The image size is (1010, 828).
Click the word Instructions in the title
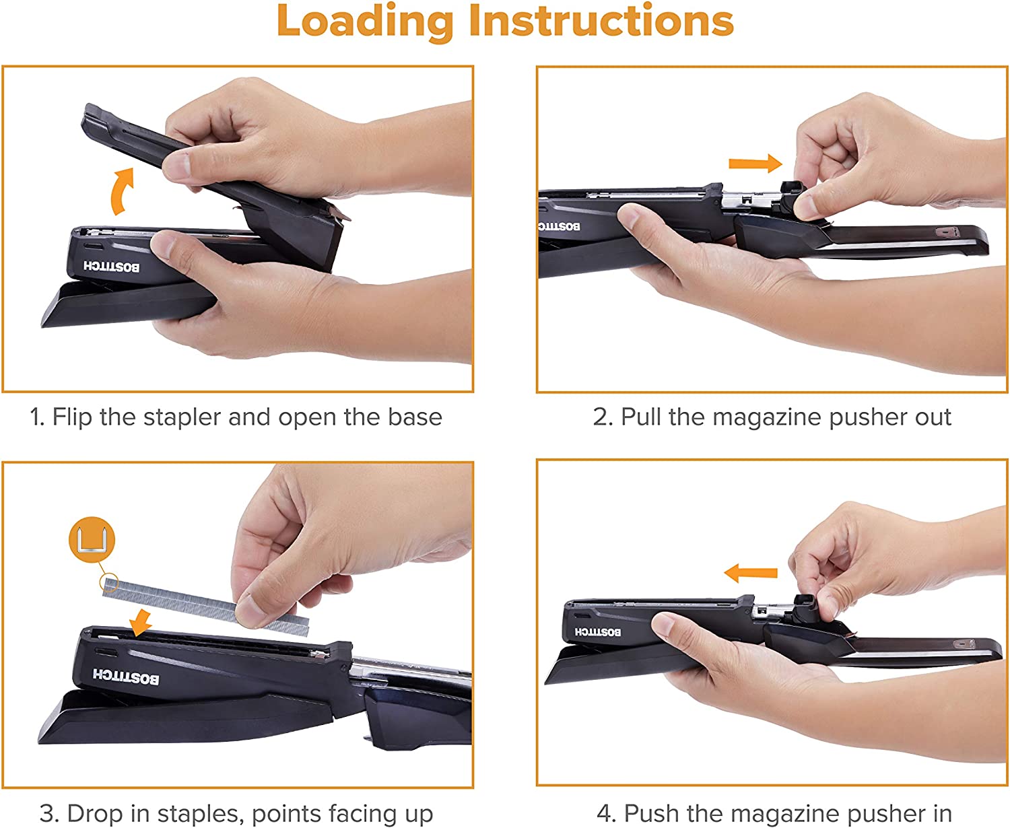pos(601,20)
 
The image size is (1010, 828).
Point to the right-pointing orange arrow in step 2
pos(755,164)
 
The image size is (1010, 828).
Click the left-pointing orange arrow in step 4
pos(751,573)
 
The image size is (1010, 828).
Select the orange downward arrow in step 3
pos(141,623)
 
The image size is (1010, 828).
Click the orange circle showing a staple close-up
pos(92,539)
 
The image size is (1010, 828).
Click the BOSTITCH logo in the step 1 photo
pos(112,267)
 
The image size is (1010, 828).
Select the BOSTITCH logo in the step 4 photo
pos(598,632)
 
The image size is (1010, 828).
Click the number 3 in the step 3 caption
pos(46,814)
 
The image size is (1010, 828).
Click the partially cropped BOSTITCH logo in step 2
pos(559,226)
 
